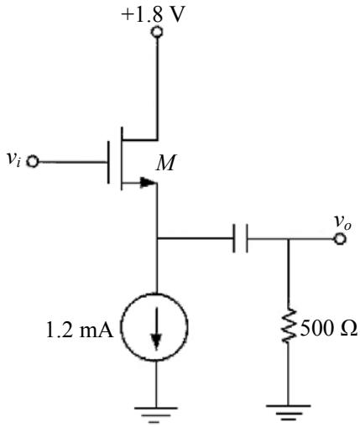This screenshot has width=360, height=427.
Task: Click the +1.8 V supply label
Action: pyautogui.click(x=154, y=14)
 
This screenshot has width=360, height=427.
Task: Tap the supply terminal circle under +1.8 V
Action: pyautogui.click(x=157, y=32)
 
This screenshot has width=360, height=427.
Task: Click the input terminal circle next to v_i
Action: pyautogui.click(x=33, y=162)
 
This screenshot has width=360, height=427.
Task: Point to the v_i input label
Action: pyautogui.click(x=13, y=159)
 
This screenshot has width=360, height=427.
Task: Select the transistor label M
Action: pyautogui.click(x=166, y=163)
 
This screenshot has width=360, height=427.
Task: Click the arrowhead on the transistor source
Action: pyautogui.click(x=147, y=182)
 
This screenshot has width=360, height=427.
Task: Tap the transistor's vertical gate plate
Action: pyautogui.click(x=108, y=162)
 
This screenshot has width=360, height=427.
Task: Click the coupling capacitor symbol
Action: pyautogui.click(x=240, y=238)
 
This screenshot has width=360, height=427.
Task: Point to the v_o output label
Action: pyautogui.click(x=343, y=222)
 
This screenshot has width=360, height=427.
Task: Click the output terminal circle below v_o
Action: pyautogui.click(x=340, y=239)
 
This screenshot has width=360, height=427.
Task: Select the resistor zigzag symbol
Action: pyautogui.click(x=289, y=325)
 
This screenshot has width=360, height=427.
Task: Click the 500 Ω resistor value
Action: pyautogui.click(x=329, y=328)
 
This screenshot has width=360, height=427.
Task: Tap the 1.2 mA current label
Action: pyautogui.click(x=80, y=330)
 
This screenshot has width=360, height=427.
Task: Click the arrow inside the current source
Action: pyautogui.click(x=156, y=329)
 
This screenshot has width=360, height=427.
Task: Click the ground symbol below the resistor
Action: pyautogui.click(x=288, y=413)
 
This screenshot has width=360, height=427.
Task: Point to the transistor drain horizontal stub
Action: pyautogui.click(x=139, y=139)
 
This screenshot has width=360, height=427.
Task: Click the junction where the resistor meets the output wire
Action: pyautogui.click(x=289, y=239)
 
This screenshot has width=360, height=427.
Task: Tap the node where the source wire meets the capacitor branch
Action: pyautogui.click(x=157, y=238)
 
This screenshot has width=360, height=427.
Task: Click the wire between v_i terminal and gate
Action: pyautogui.click(x=72, y=162)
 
